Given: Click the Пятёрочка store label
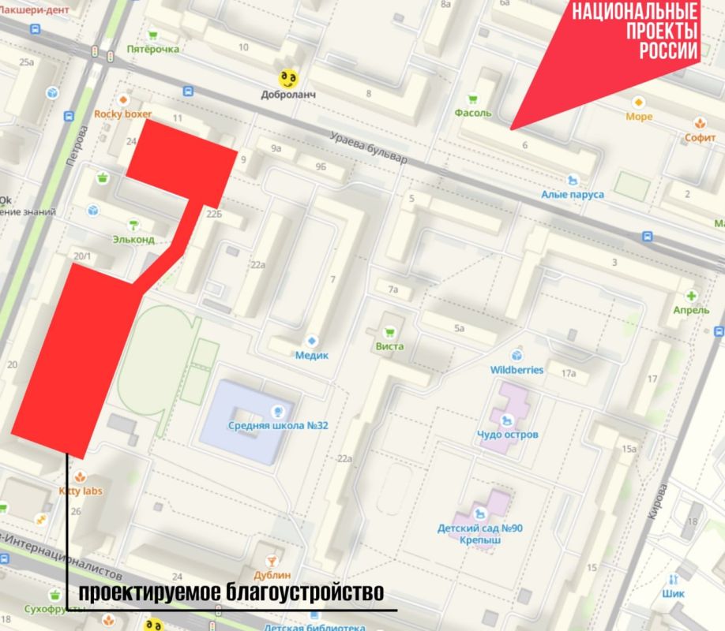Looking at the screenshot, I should [x=153, y=49].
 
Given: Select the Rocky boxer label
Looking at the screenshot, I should [x=122, y=114].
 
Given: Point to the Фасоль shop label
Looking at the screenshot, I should [x=472, y=113].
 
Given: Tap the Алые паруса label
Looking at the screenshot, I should [x=573, y=195].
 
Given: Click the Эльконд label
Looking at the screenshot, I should [x=133, y=239].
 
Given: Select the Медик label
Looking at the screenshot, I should [x=310, y=355].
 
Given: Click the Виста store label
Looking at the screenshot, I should [x=390, y=346].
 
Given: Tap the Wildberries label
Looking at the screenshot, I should [x=517, y=369].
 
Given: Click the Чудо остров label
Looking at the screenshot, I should [x=508, y=435].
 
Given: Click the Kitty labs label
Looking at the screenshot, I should [x=81, y=491].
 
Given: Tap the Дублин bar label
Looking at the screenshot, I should [x=272, y=575].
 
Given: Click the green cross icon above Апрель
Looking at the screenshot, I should [x=693, y=296].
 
